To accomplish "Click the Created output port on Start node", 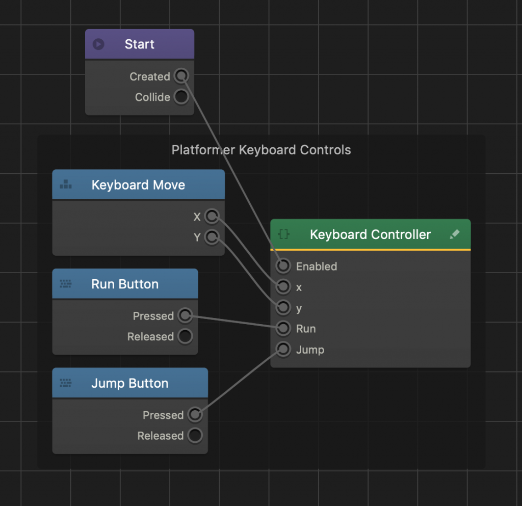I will pos(181,76).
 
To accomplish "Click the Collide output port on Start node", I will pos(181,97).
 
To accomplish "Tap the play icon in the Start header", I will pos(98,44).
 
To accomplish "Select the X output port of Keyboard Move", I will pos(212,217).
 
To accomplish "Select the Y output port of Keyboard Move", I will pos(212,237).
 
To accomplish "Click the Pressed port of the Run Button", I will pos(185,316).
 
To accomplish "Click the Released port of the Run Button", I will pos(185,336).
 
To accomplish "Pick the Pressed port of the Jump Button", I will pos(194,415).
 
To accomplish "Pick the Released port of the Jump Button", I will pos(194,436).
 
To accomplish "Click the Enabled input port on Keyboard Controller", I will pos(283,266).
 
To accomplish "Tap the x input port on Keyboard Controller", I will pos(283,287).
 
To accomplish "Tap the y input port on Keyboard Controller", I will pos(283,308).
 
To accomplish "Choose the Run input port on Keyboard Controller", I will pos(283,329).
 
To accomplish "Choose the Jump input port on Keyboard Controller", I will pos(283,350).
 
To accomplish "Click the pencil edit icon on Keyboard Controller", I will pos(455,234).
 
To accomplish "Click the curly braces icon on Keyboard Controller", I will pos(284,234).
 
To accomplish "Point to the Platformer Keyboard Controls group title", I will pos(261,150).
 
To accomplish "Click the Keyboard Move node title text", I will pos(138,185).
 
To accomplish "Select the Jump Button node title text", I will pos(129,383).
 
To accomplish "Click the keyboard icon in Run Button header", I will pos(65,284).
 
